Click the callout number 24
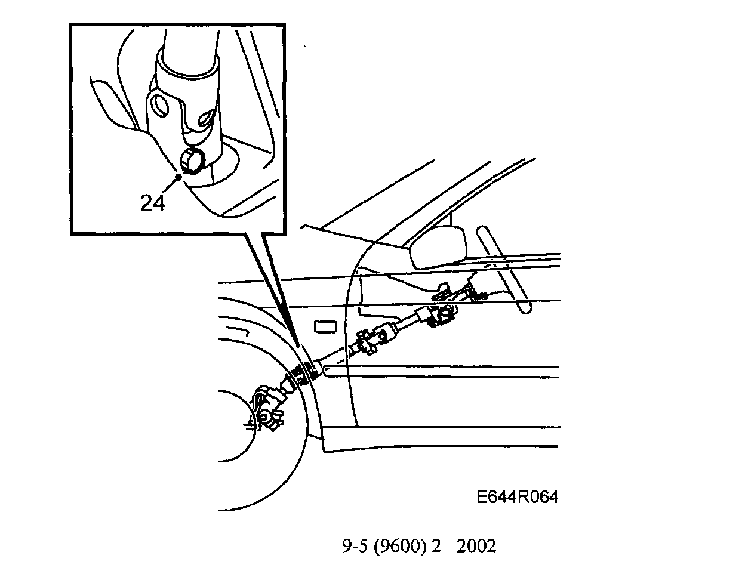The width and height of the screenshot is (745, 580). click(153, 203)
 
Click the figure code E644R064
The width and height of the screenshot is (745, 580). click(517, 497)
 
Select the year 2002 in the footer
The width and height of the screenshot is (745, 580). click(476, 546)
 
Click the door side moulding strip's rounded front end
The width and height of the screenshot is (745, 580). click(328, 371)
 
